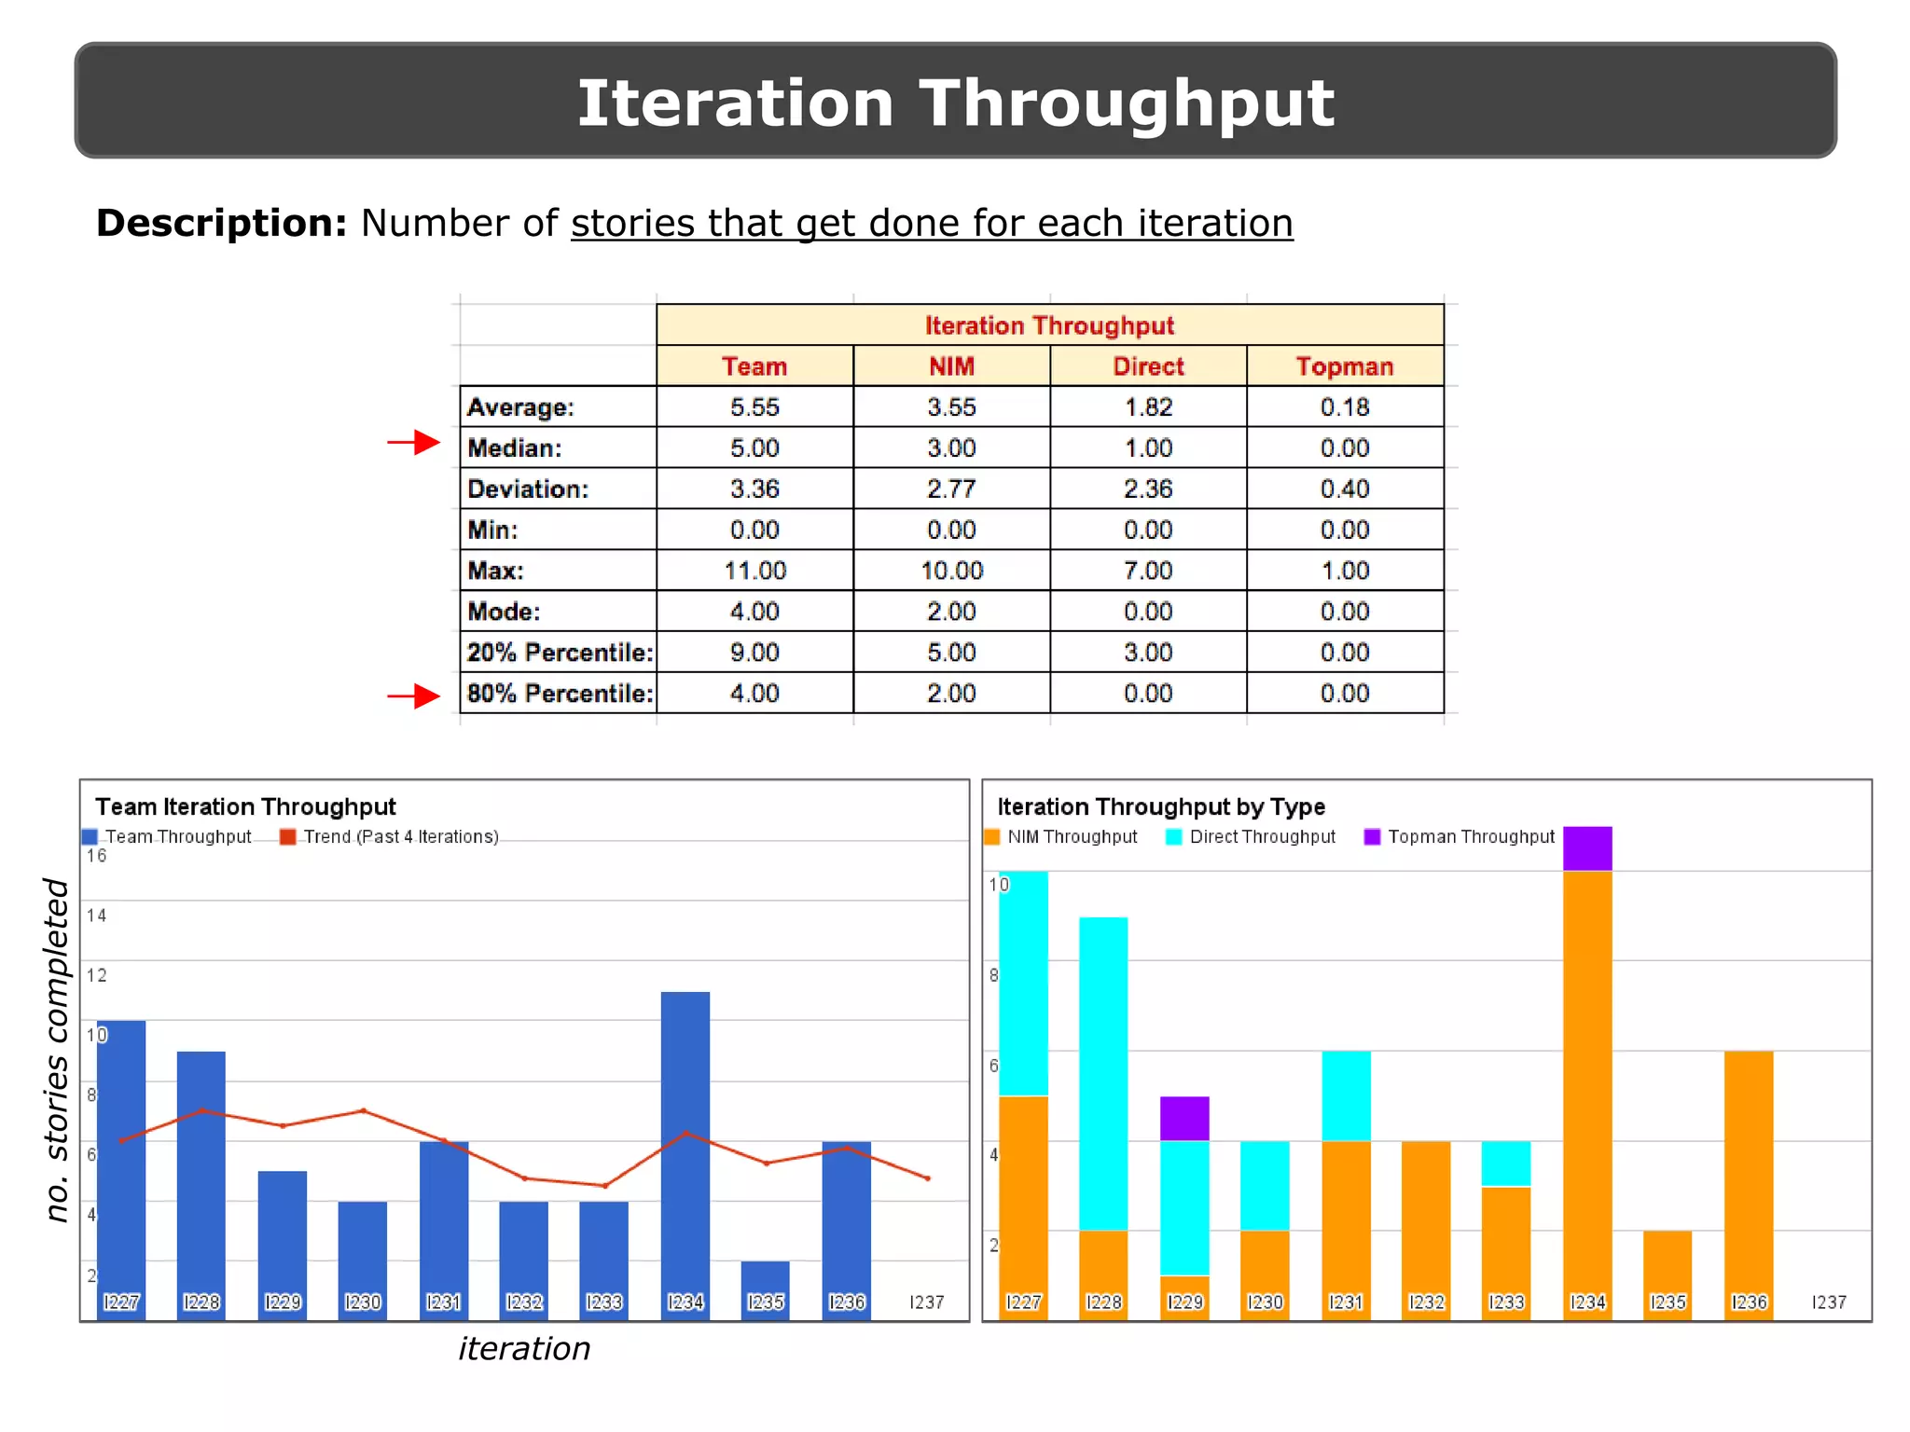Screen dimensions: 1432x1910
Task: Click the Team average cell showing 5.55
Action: pos(754,407)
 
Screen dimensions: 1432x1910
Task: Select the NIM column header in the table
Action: pos(951,366)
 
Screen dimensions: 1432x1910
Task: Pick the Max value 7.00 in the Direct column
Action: pos(1148,571)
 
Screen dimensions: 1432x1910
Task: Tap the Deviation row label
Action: pos(528,489)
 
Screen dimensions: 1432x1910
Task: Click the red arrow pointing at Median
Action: pos(414,443)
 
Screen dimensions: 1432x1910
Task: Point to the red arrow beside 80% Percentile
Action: pos(414,696)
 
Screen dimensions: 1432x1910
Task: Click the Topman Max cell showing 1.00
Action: pos(1345,571)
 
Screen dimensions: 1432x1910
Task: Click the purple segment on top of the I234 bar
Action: pos(1587,848)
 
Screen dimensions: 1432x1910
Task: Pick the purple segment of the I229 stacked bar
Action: pos(1184,1119)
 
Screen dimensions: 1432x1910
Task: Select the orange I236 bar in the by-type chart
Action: pos(1749,1175)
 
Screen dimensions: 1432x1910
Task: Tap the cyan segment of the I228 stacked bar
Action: pos(1103,1072)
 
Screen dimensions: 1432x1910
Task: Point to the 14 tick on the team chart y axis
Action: pos(96,916)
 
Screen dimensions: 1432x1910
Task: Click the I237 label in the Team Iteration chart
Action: pos(926,1302)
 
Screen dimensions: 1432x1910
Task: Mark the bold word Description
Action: pos(221,224)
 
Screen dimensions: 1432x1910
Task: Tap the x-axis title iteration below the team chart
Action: pos(524,1349)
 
